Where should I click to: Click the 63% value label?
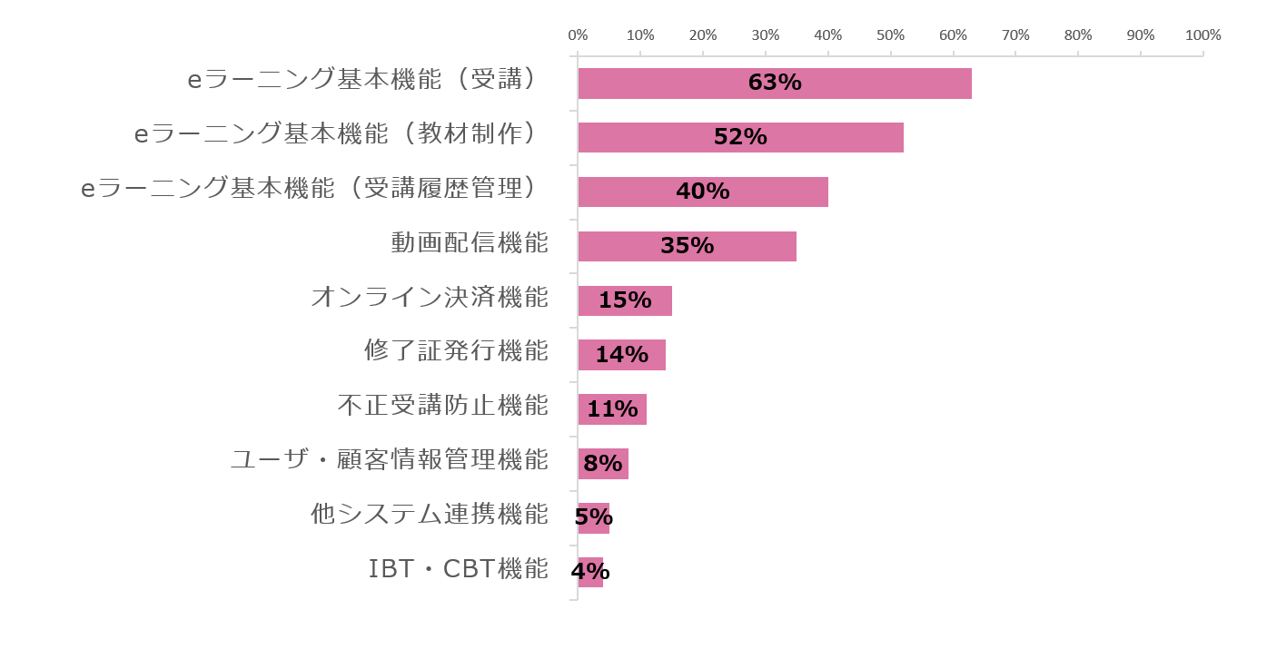pos(775,83)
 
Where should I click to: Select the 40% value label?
pos(703,192)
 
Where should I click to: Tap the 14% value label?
pos(621,355)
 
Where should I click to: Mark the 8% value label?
pos(602,464)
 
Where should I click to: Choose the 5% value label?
pos(594,517)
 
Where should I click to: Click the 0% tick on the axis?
pos(578,35)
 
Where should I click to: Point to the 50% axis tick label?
pos(890,35)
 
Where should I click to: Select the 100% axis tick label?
pos(1203,35)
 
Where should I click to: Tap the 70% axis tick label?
pos(1015,35)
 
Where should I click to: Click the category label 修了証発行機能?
pos(457,350)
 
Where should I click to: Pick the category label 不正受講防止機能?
pos(443,405)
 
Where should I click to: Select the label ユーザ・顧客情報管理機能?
pos(390,459)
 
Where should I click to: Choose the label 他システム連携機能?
pos(430,514)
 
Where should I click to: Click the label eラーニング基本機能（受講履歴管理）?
pos(311,188)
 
